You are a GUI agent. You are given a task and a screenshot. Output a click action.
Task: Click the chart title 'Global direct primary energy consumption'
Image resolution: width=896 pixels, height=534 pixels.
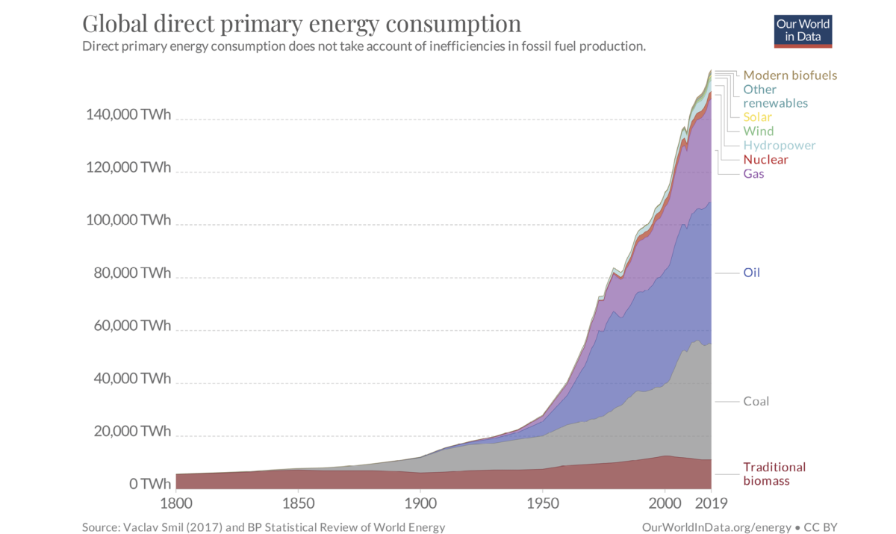(x=301, y=24)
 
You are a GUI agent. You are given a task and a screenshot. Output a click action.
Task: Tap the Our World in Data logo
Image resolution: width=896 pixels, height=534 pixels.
(x=803, y=30)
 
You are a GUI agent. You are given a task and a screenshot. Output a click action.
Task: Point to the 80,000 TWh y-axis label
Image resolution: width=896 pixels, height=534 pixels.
(x=128, y=273)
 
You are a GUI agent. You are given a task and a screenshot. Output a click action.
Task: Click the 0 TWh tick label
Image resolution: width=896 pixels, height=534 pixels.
(x=149, y=484)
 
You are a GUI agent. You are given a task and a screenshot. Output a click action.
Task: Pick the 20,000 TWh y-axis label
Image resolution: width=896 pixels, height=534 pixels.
(x=128, y=432)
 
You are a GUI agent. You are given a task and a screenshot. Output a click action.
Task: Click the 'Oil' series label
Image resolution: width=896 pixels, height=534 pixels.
(x=751, y=273)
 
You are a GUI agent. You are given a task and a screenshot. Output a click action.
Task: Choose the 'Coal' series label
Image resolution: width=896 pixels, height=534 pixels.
(x=756, y=401)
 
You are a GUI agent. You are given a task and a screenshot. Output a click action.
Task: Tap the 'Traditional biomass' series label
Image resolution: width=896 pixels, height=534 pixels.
(x=774, y=474)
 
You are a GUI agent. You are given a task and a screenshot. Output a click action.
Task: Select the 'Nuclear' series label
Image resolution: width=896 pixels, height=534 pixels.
(x=765, y=160)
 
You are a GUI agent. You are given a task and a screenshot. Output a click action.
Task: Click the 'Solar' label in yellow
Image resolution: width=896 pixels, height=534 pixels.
(x=757, y=117)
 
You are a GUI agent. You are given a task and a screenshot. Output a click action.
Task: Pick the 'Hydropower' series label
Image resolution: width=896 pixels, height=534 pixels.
(x=780, y=146)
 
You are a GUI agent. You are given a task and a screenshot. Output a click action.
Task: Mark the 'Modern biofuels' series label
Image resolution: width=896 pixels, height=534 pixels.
(x=790, y=75)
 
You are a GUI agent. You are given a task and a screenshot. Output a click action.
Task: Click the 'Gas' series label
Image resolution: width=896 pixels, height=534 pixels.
(x=753, y=174)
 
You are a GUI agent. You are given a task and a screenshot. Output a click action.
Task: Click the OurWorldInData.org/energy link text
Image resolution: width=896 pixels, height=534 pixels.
(x=715, y=527)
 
